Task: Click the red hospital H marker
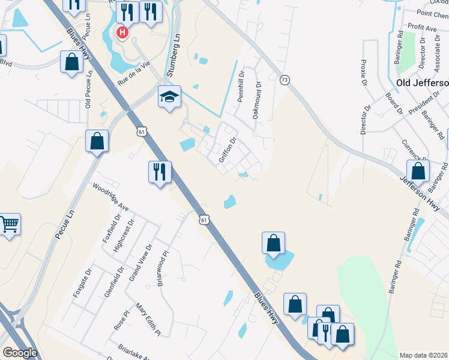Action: point(122,32)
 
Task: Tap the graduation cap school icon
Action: point(170,97)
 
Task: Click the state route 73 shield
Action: point(285,80)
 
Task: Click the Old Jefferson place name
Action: point(422,82)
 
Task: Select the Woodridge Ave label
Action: point(110,197)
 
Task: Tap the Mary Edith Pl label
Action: point(148,319)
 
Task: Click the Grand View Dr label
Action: point(141,262)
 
